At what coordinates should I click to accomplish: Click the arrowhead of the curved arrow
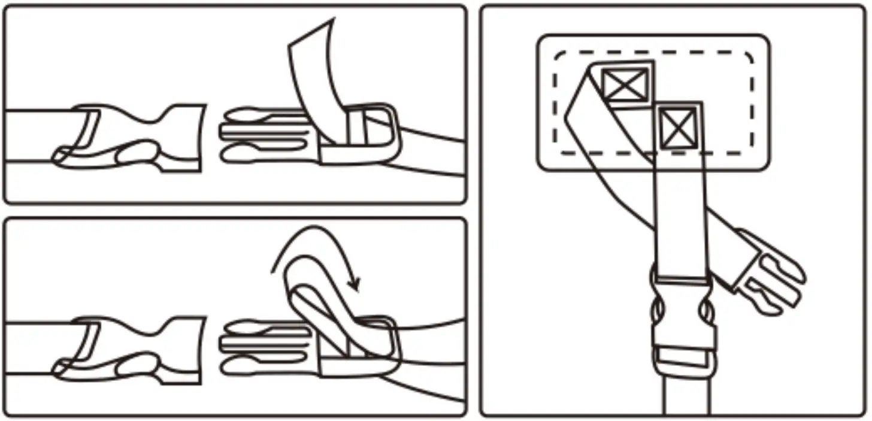pos(355,283)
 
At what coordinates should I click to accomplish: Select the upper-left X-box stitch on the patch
pos(624,84)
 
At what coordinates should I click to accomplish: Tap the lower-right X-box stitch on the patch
pos(679,128)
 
